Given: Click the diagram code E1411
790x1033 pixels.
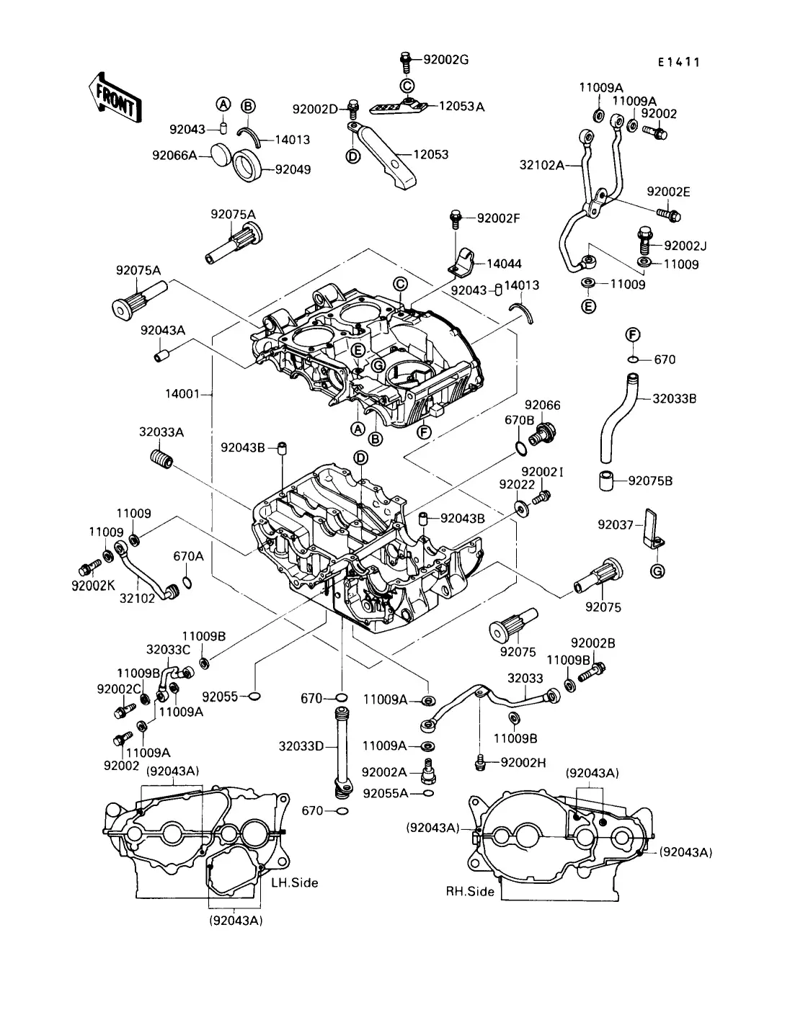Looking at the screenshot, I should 678,62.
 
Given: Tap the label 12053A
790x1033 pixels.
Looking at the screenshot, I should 461,107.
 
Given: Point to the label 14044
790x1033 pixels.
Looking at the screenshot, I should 504,264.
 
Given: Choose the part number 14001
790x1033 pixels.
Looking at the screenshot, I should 182,394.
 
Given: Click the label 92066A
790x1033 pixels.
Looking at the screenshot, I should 174,154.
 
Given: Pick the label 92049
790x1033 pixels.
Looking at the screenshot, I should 293,170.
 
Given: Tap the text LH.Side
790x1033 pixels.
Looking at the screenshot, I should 294,882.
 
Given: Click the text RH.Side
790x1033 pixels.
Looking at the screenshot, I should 470,891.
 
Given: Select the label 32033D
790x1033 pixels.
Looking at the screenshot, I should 301,746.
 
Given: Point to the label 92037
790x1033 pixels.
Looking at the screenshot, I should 614,524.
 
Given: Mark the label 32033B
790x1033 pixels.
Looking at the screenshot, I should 675,398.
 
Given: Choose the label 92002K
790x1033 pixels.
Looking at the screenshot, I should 93,586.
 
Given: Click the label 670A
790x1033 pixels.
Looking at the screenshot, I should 188,556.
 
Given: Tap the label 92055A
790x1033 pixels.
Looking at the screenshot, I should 386,793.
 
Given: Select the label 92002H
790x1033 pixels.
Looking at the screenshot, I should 524,762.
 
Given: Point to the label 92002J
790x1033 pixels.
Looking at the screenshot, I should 685,246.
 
